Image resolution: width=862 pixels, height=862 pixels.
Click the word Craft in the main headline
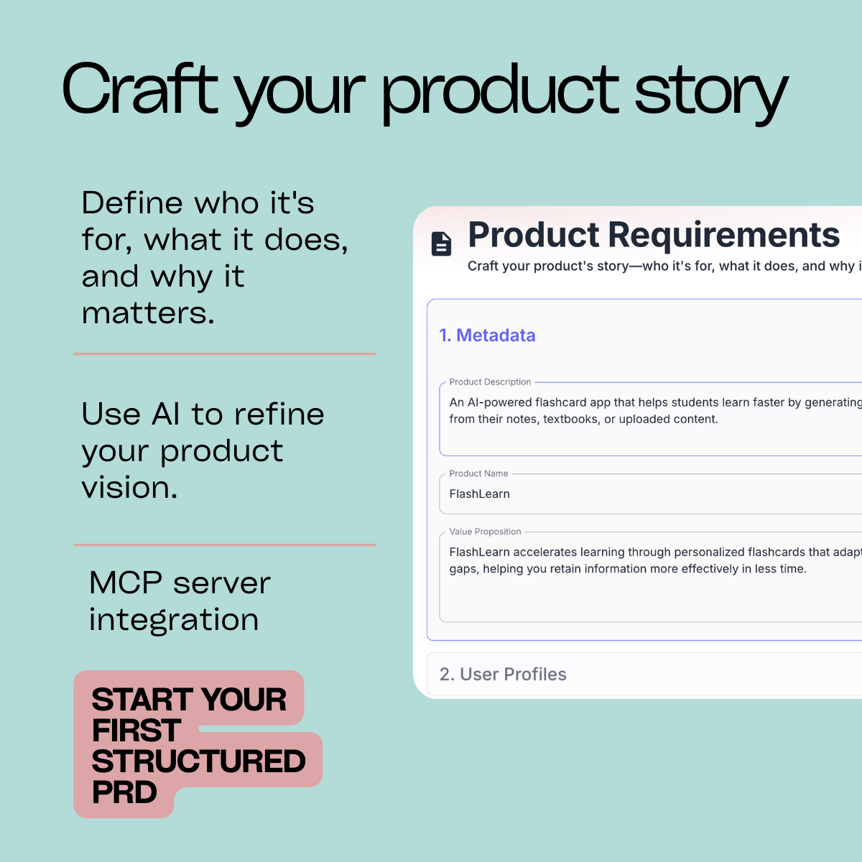coord(140,90)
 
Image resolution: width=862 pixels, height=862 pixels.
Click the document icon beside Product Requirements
coord(441,244)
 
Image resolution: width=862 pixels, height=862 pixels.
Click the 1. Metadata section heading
coord(487,335)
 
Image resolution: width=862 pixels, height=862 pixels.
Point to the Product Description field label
coord(490,382)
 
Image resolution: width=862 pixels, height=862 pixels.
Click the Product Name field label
coord(478,473)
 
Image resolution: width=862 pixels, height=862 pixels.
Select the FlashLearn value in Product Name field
coord(479,494)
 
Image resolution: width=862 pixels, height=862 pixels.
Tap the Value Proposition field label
coord(485,532)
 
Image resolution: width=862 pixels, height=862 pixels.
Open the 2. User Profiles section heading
coord(503,675)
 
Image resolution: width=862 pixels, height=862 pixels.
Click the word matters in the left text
coord(147,313)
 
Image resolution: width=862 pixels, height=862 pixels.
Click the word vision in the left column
coord(129,488)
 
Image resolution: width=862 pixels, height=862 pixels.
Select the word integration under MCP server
coord(173,620)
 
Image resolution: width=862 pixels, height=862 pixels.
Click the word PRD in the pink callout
coord(124,792)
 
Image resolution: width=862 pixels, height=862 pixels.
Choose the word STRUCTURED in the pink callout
coord(198,761)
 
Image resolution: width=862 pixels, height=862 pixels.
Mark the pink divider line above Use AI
coord(224,353)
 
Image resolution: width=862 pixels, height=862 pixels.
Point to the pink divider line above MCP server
coord(224,544)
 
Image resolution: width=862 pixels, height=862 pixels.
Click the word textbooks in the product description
coord(570,420)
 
